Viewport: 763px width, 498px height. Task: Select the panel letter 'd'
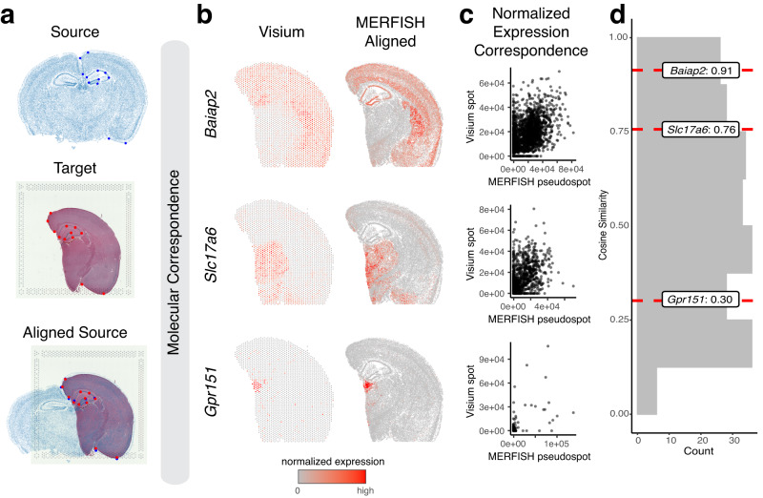[617, 14]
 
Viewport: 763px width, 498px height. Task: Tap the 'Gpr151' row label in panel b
[211, 387]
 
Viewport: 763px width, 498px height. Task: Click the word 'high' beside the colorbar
[367, 489]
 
